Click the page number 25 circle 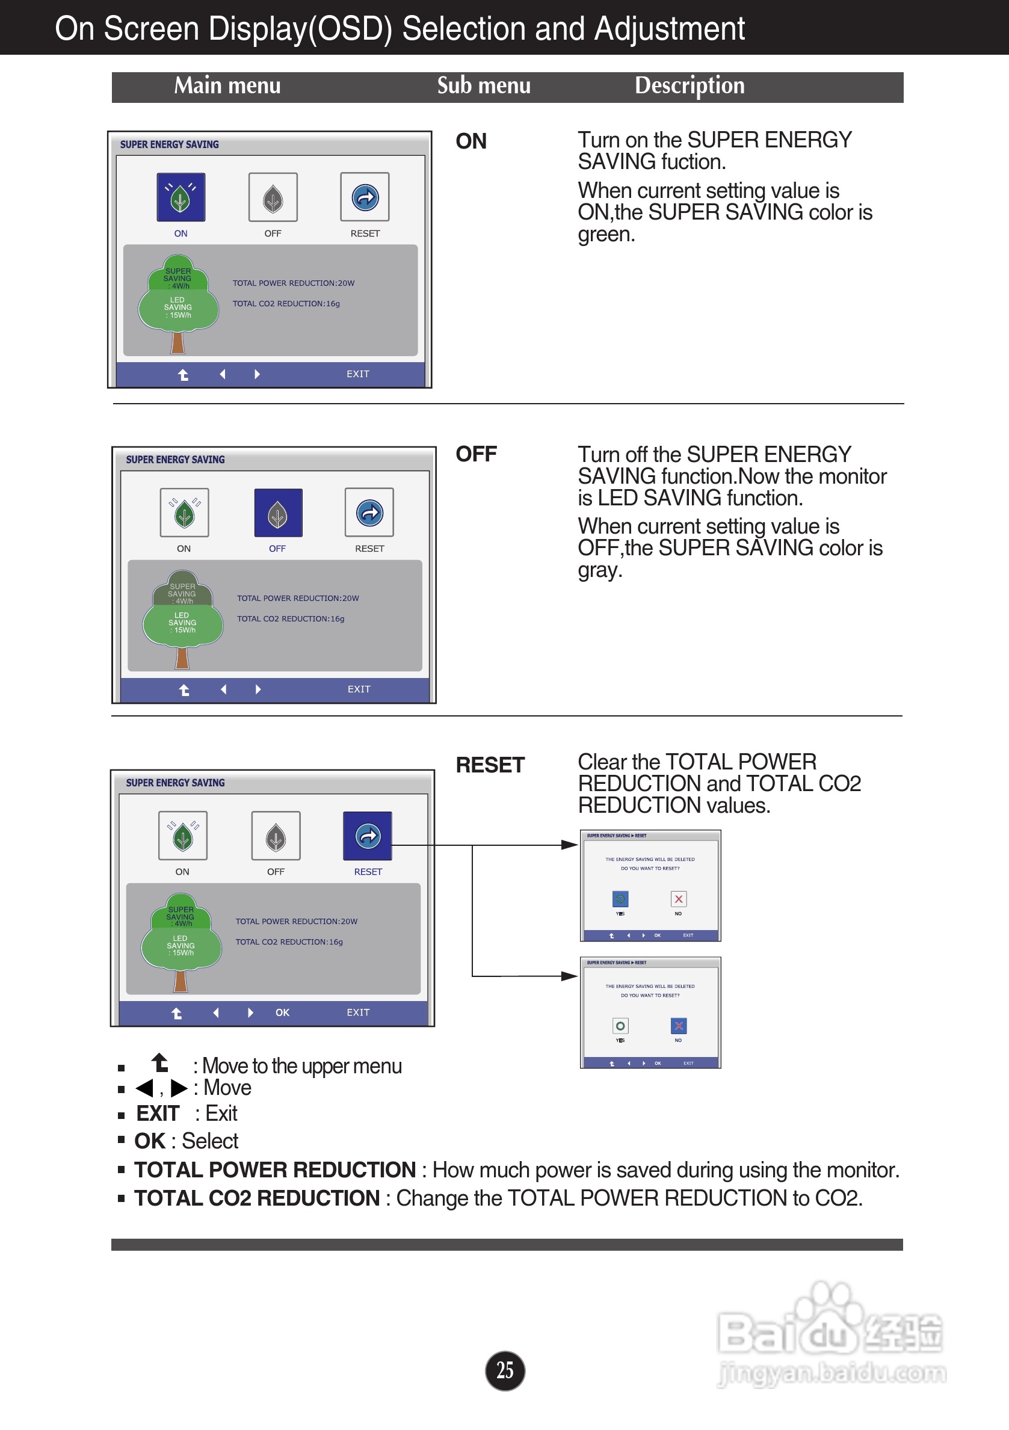[x=504, y=1370]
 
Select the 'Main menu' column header [x=227, y=86]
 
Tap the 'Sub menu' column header [x=483, y=86]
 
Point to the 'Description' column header [x=690, y=86]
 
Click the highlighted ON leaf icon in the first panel [x=181, y=197]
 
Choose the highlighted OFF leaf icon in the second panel [x=278, y=513]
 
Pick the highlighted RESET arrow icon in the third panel [x=368, y=836]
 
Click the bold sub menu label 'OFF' [x=476, y=455]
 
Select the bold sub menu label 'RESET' [x=490, y=765]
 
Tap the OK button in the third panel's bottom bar [x=282, y=1012]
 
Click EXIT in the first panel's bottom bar [x=358, y=374]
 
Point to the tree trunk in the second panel [x=182, y=658]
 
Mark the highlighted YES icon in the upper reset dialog [x=620, y=899]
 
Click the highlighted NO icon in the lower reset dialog [x=678, y=1026]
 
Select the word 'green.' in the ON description [x=606, y=235]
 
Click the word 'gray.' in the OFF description [x=600, y=570]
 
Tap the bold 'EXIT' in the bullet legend [x=158, y=1114]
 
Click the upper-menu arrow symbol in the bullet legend [x=161, y=1063]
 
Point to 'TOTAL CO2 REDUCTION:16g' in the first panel [x=286, y=304]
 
